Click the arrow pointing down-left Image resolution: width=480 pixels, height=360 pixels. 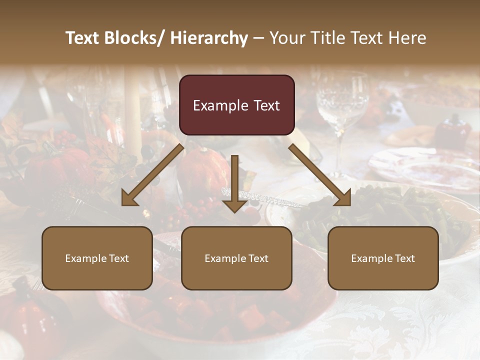click(x=152, y=174)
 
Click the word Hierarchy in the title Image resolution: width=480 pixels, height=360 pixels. click(x=209, y=38)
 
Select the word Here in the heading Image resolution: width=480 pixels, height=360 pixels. click(x=408, y=38)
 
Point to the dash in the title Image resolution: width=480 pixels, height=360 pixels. click(x=258, y=38)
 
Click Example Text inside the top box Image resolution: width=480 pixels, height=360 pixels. click(x=236, y=105)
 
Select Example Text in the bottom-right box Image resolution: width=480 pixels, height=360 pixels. click(x=383, y=258)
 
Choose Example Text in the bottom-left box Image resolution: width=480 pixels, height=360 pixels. click(x=97, y=258)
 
